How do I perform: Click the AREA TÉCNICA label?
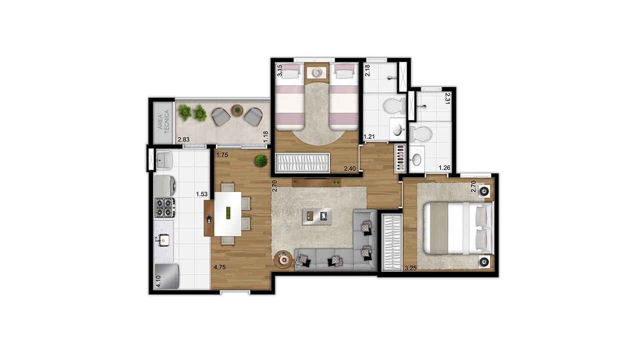pos(163,121)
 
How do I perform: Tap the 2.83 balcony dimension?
pos(183,139)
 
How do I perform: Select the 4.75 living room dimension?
pos(219,267)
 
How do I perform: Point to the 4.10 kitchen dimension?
pos(158,281)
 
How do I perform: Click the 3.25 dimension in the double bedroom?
pos(410,268)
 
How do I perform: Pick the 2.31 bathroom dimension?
pos(447,98)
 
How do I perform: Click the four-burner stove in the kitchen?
pos(165,207)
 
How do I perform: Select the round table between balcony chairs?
pos(237,110)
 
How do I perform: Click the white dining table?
pos(227,213)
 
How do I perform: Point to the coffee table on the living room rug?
pos(317,216)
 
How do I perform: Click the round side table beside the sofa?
pos(283,259)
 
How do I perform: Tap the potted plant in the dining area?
pos(261,160)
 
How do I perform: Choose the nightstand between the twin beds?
pos(316,73)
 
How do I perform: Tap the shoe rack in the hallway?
pos(401,158)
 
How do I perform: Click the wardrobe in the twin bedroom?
pos(302,163)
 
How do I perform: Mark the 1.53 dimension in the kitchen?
pos(201,194)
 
